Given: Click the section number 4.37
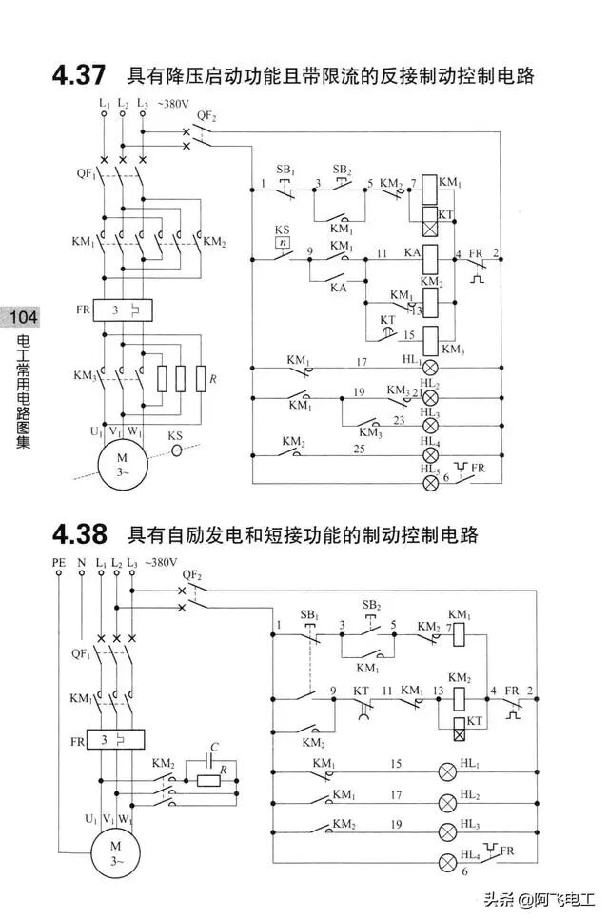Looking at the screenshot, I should click(x=79, y=73).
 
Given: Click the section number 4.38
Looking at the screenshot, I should click(x=79, y=534).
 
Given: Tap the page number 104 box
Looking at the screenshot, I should click(x=20, y=317).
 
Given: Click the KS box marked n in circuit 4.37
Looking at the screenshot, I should click(x=282, y=244).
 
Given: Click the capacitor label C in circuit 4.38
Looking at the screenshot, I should click(x=215, y=748).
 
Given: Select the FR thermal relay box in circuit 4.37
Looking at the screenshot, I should click(x=124, y=311).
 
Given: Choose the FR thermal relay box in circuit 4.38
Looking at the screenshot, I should click(x=115, y=739).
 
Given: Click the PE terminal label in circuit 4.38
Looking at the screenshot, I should click(x=59, y=564).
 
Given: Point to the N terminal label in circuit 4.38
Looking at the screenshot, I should click(x=81, y=564).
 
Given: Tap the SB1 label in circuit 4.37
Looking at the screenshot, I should click(x=285, y=170).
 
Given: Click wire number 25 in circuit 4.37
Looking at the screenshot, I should click(x=359, y=448).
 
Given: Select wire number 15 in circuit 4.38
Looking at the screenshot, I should click(x=396, y=763).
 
